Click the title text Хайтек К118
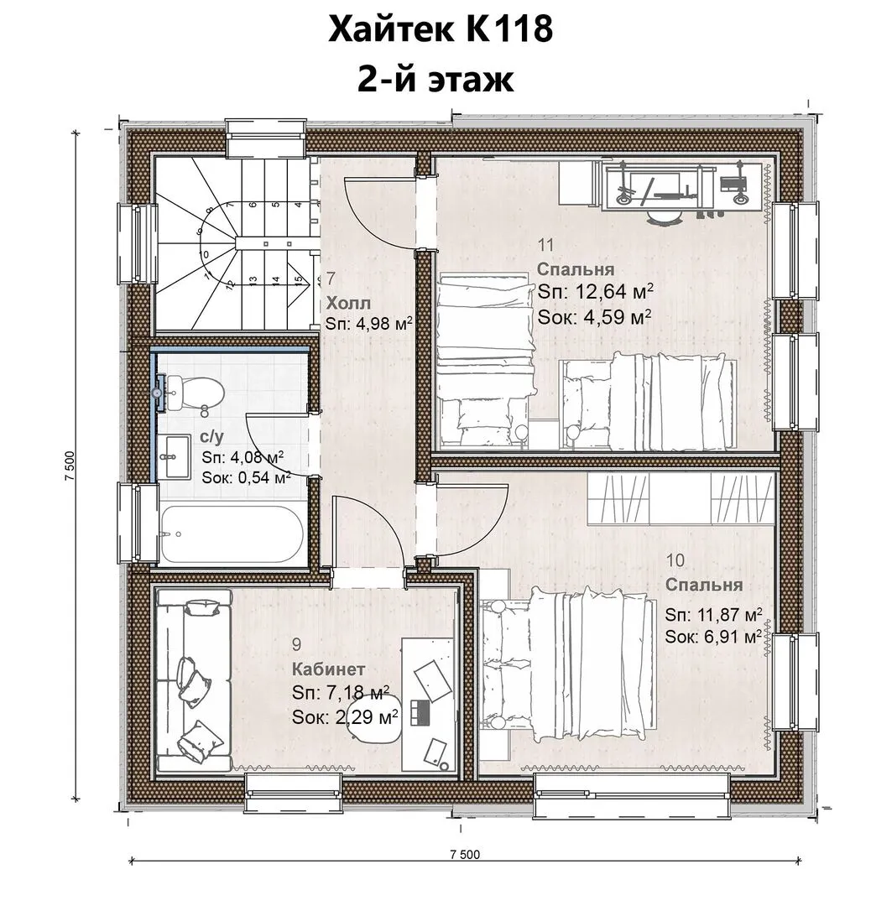(441, 29)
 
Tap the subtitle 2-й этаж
(435, 79)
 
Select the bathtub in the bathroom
(232, 534)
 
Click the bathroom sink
(174, 457)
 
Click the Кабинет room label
(328, 669)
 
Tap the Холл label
(348, 304)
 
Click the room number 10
(675, 560)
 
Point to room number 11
(546, 244)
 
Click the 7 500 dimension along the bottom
(465, 854)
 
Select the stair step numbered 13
(253, 280)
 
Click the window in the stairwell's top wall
(265, 138)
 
